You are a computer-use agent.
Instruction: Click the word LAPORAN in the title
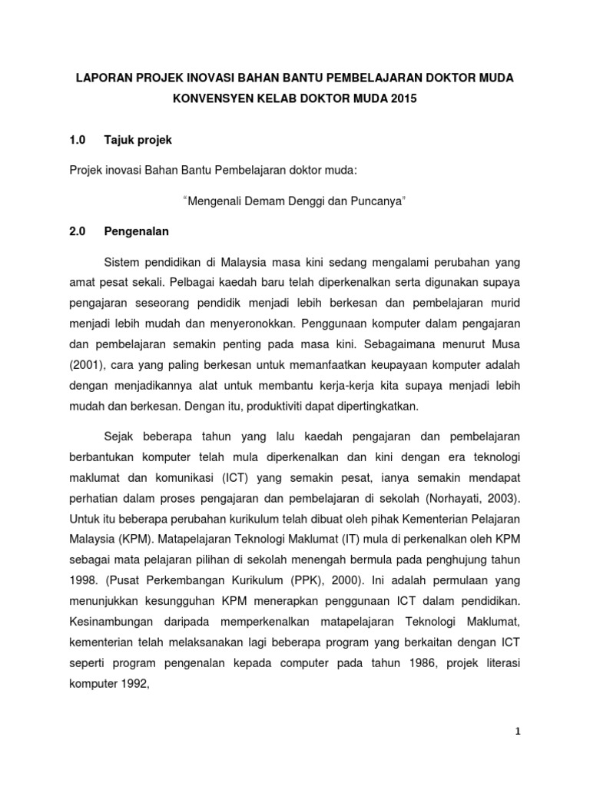coord(101,78)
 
